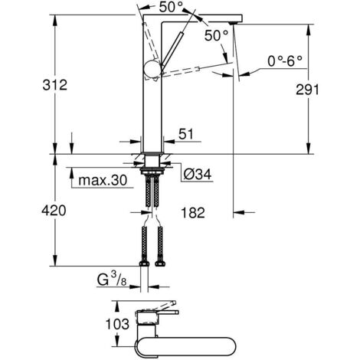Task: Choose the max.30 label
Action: point(103,181)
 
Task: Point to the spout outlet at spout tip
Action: point(233,21)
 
